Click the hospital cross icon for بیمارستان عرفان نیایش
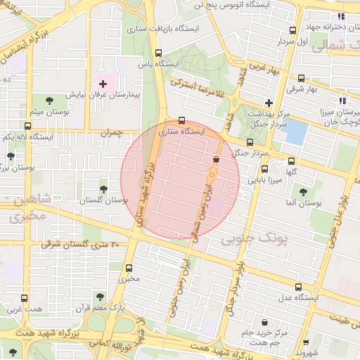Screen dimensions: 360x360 tap(103, 84)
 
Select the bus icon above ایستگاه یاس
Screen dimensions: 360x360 tap(158, 53)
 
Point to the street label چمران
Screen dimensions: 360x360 tap(109, 131)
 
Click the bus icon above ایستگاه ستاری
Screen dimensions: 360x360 tap(182, 120)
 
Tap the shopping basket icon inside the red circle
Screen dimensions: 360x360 tap(214, 160)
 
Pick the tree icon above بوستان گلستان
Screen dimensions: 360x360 tap(103, 189)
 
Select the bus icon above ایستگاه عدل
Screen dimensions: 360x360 tap(298, 287)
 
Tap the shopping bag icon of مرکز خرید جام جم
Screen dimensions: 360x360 tap(264, 322)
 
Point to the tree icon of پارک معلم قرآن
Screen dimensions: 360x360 tap(98, 296)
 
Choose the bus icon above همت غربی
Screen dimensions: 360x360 tap(25, 298)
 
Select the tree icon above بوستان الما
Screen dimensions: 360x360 tap(303, 191)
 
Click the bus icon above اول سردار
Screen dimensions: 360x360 tap(292, 30)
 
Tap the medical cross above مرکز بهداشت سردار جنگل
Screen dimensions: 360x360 tap(268, 103)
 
